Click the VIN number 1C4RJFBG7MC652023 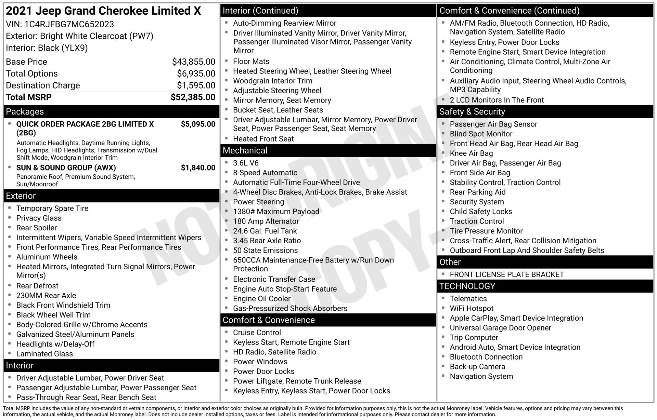click(x=69, y=24)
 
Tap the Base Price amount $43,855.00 click(x=194, y=62)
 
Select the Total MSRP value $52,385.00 click(x=193, y=97)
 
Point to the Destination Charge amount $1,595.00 click(x=196, y=85)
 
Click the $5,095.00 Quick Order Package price click(x=198, y=124)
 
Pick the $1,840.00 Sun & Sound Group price click(x=198, y=168)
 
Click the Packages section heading click(x=25, y=112)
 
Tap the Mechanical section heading click(x=245, y=151)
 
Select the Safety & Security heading click(x=472, y=112)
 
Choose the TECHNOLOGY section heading click(x=467, y=286)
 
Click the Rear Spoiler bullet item click(x=37, y=228)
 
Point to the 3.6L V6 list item click(x=246, y=163)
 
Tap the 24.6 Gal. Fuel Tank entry click(x=265, y=231)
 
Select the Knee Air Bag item click(x=471, y=153)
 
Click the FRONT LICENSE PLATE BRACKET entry click(x=507, y=275)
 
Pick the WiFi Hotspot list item click(x=472, y=309)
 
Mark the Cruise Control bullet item click(x=257, y=333)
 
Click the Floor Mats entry click(x=251, y=62)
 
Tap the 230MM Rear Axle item click(x=46, y=296)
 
